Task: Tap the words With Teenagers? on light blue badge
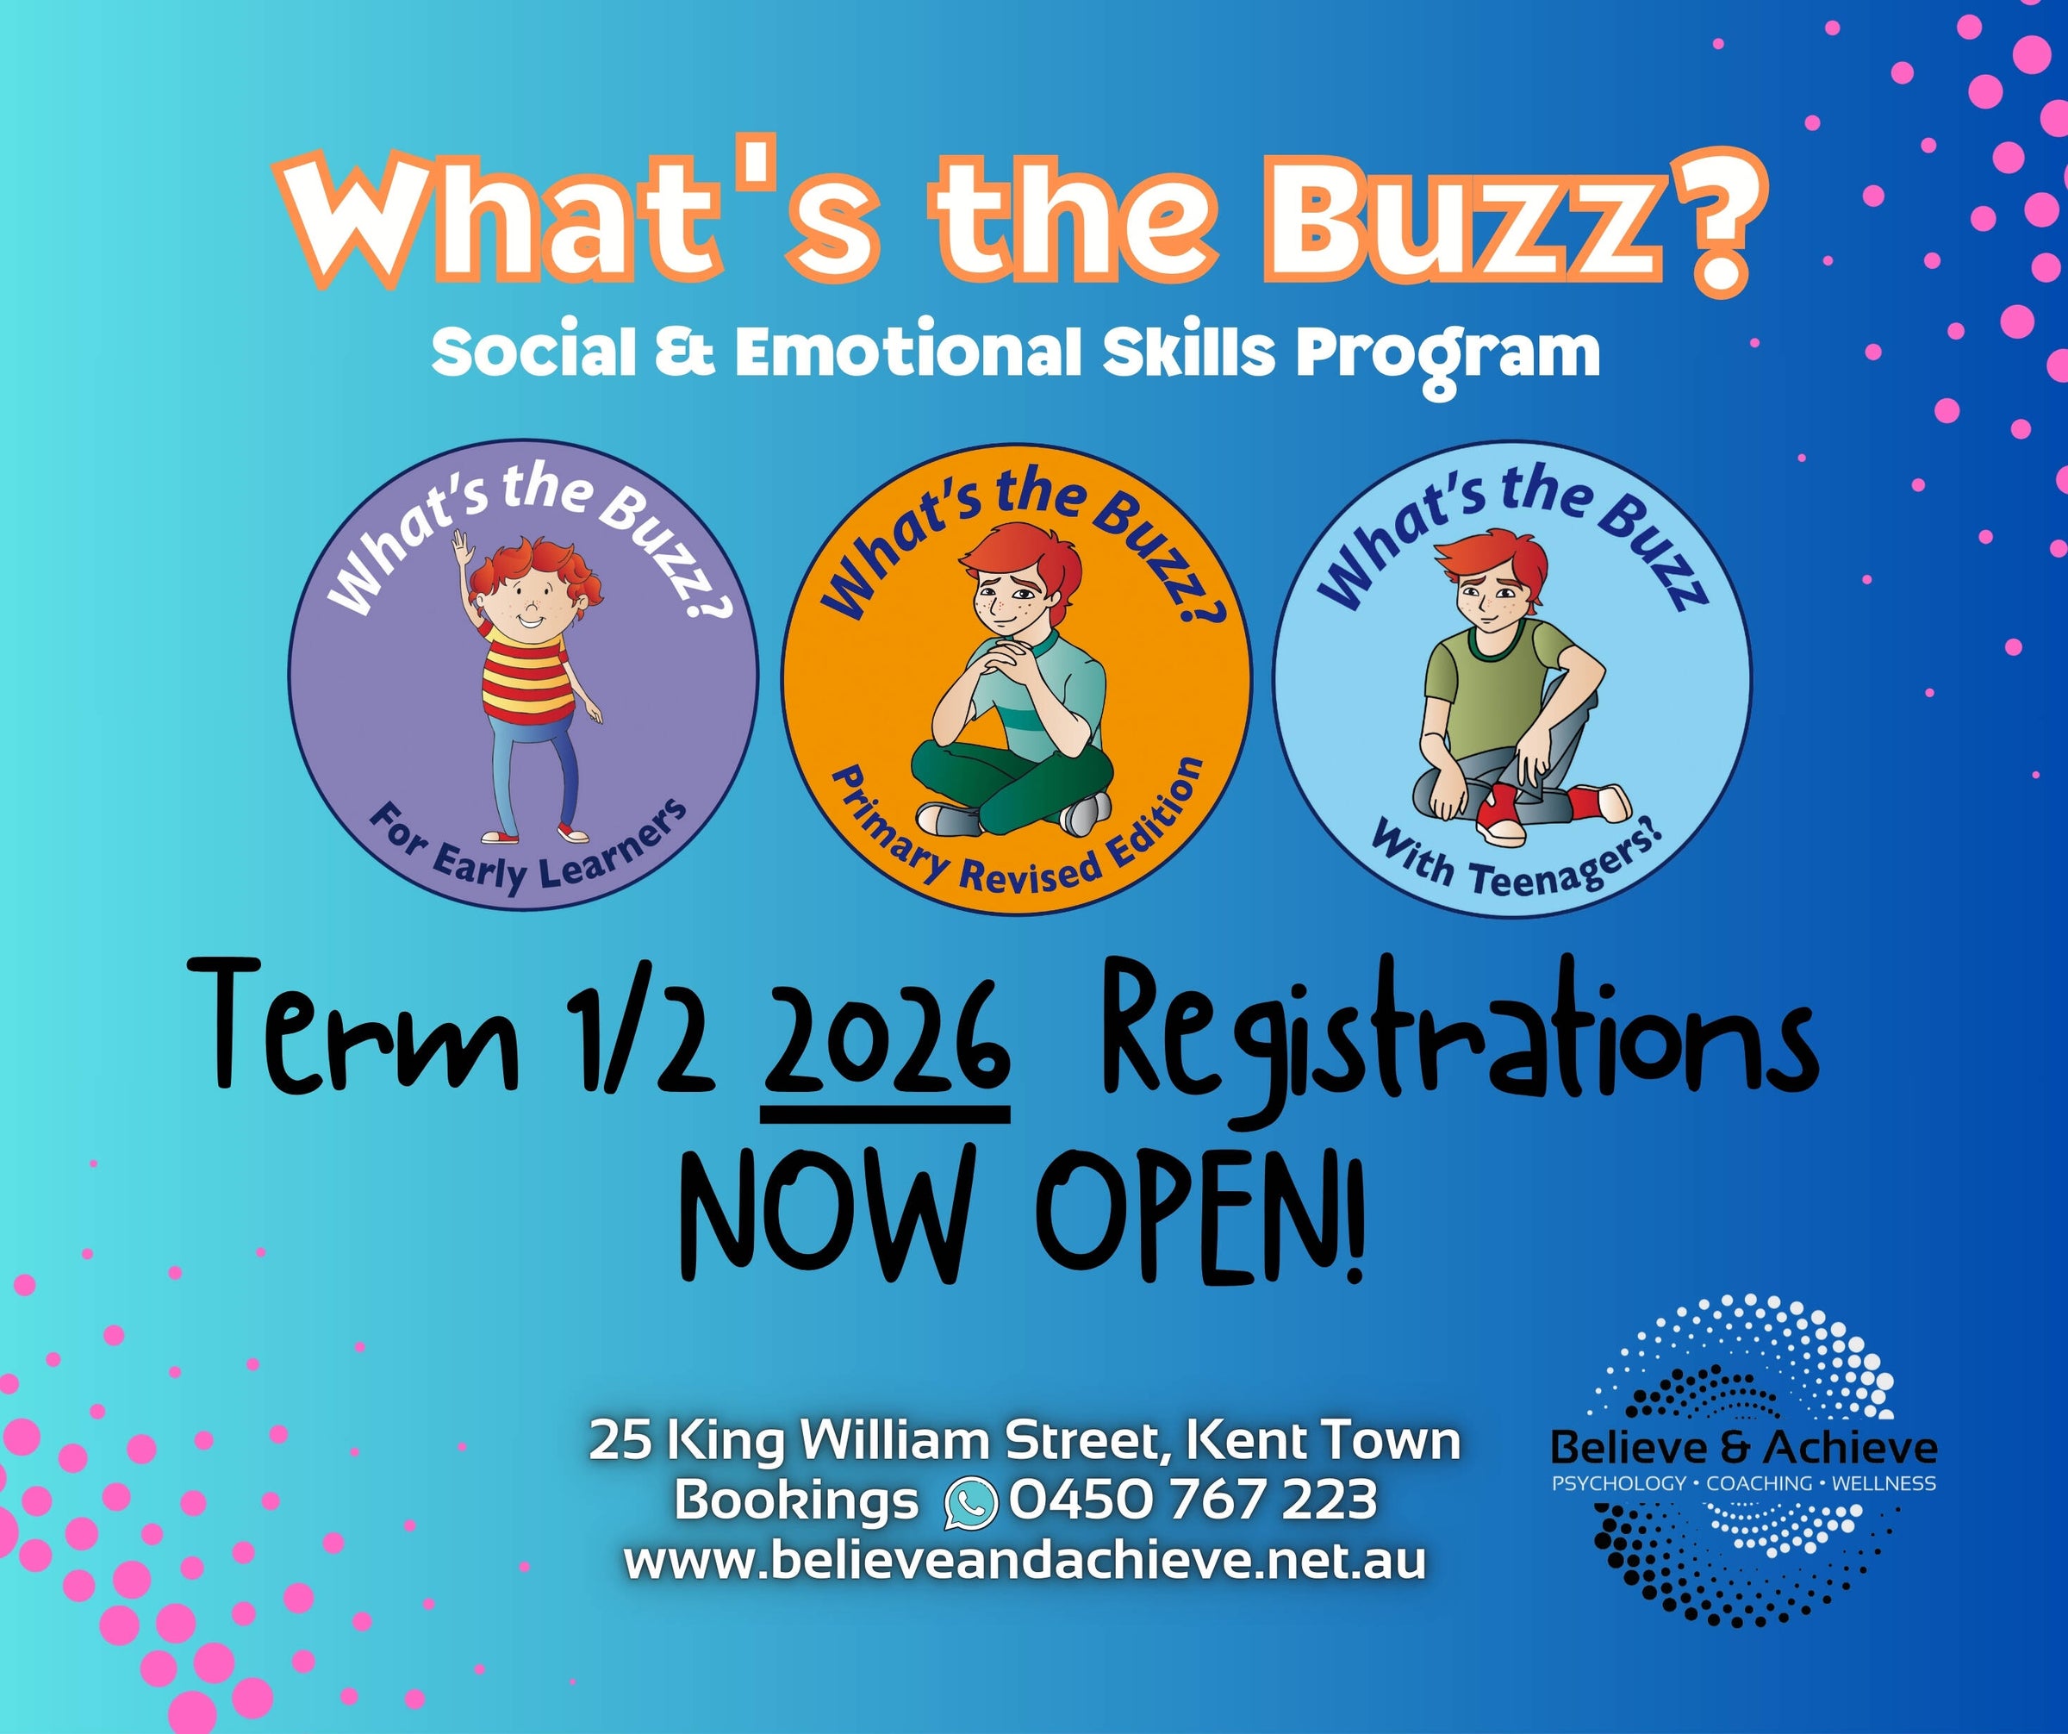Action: tap(1517, 856)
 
